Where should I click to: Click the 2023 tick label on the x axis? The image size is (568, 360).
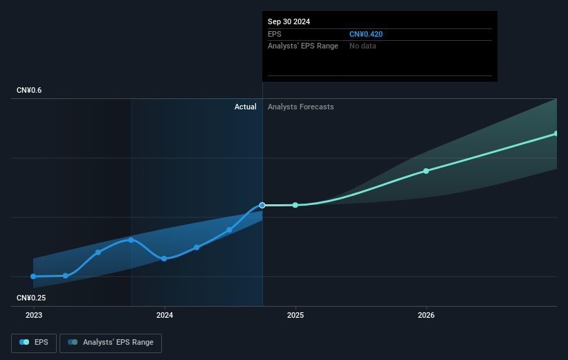(33, 315)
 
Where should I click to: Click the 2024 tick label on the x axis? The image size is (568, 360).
(164, 315)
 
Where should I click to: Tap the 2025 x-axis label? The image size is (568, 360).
(295, 315)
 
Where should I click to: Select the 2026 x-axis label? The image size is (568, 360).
(426, 315)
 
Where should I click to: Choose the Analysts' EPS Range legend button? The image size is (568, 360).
(111, 342)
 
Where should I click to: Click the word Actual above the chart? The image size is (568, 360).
(245, 107)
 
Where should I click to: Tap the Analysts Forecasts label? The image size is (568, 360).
(300, 107)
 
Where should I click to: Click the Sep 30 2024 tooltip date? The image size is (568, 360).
(289, 21)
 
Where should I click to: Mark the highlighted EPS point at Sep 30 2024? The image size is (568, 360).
(262, 205)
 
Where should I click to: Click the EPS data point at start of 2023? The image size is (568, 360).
(33, 276)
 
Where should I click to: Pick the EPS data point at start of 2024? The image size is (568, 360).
(164, 258)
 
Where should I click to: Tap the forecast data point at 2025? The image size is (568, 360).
(295, 205)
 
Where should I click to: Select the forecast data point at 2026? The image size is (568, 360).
(426, 170)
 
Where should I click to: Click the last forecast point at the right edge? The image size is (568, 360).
(556, 134)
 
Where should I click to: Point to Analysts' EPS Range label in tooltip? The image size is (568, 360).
(303, 46)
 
